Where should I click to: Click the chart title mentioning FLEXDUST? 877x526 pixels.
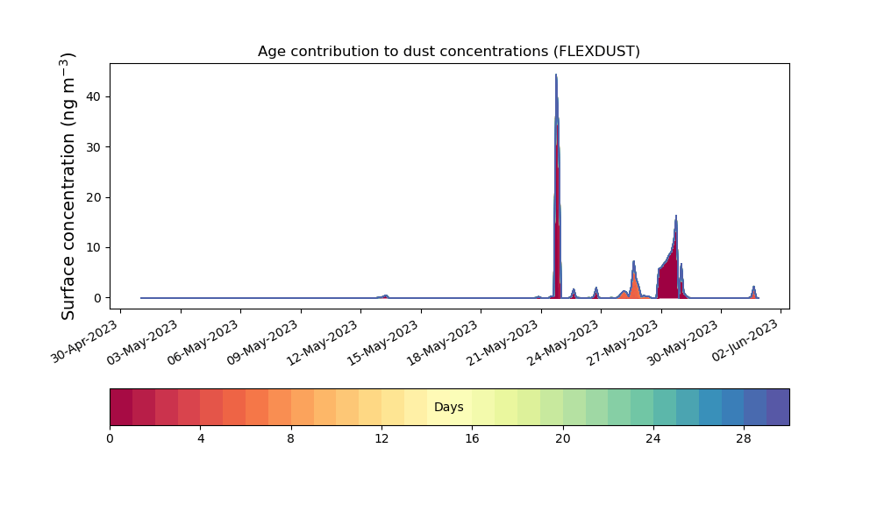[448, 52]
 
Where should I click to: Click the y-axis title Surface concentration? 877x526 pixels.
[68, 187]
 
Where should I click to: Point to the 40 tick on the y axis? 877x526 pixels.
[94, 96]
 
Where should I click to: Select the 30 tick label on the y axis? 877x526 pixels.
[94, 147]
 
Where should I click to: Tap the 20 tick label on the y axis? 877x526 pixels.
[94, 197]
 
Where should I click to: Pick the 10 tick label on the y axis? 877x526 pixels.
[94, 247]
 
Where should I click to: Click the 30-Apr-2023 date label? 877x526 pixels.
[85, 342]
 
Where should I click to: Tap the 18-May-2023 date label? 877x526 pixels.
[443, 343]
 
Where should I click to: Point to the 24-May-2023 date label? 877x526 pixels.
[563, 343]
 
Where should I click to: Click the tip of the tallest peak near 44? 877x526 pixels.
[556, 75]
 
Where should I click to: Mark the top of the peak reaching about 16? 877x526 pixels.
[676, 215]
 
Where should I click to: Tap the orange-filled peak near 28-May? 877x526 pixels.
[634, 280]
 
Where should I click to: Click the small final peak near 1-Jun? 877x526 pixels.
[753, 287]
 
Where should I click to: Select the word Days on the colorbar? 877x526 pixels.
[448, 407]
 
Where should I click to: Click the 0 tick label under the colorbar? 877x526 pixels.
[111, 439]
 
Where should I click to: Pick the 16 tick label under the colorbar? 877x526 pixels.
[472, 439]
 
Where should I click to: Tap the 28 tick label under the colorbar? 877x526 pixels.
[744, 439]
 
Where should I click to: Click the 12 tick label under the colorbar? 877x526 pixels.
[381, 439]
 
